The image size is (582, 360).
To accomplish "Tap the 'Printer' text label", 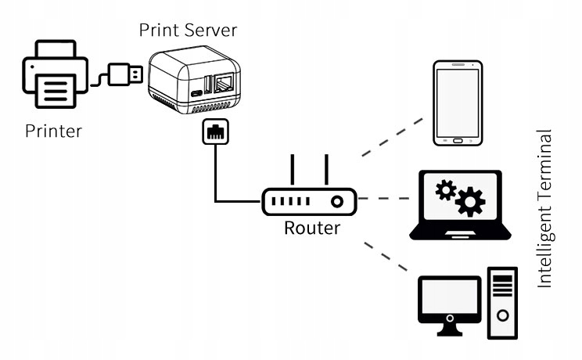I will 53,130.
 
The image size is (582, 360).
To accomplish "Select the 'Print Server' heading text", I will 188,30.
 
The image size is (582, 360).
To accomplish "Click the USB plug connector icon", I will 124,75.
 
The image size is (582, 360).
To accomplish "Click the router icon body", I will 308,202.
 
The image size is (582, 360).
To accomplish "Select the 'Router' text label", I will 311,229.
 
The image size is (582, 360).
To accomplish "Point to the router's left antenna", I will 292,171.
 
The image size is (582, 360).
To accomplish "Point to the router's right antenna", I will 325,171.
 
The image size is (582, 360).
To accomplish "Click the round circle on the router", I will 337,202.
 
